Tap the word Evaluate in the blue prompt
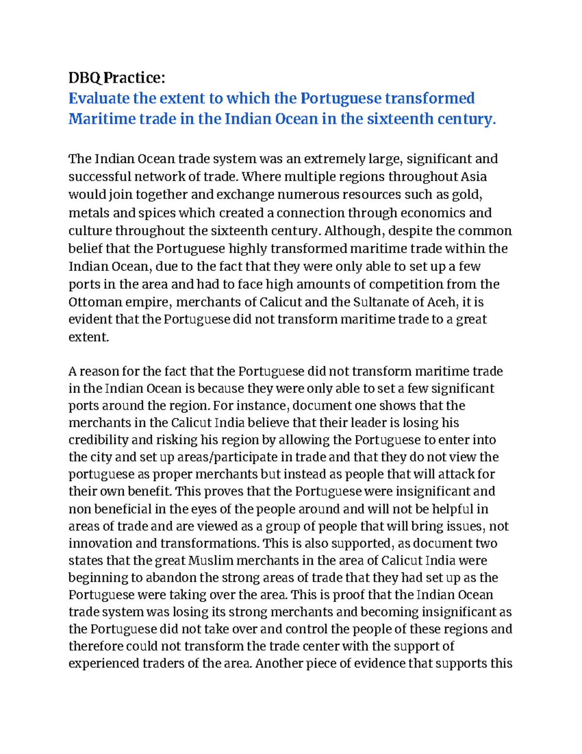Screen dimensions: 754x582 [99, 99]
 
